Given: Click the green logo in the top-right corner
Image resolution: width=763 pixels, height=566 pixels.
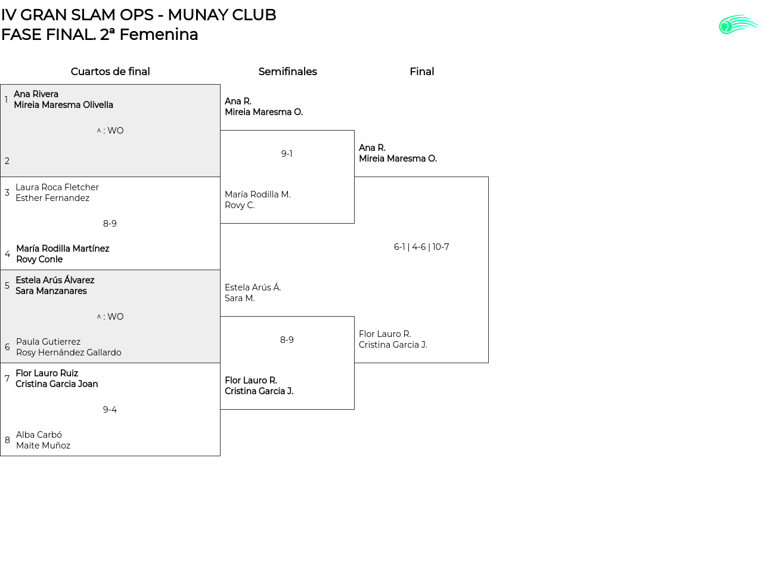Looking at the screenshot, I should click(738, 24).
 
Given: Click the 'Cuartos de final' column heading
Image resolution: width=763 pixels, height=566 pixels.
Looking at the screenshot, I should click(110, 72).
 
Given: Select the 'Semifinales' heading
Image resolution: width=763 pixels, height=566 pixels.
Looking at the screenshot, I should click(287, 72).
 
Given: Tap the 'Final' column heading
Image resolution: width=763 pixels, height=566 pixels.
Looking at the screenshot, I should click(421, 72).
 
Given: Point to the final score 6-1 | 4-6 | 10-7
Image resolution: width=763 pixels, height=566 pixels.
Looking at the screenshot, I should click(421, 247).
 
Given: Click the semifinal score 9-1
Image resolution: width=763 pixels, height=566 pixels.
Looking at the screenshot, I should click(287, 154).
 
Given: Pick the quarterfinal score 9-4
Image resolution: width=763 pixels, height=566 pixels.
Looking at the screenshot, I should click(110, 410).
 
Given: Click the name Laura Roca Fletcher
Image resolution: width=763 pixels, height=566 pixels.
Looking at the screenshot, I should click(57, 187).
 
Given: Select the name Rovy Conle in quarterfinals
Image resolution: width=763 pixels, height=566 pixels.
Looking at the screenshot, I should click(39, 259).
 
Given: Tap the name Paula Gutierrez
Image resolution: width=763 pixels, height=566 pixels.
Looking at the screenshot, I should click(48, 342).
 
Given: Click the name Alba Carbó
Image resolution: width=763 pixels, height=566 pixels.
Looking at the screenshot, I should click(39, 435).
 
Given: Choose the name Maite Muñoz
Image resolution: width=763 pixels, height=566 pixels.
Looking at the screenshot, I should click(43, 446).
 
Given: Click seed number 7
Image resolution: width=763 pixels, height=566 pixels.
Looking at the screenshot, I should click(7, 379).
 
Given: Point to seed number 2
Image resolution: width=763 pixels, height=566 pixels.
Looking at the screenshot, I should click(7, 161).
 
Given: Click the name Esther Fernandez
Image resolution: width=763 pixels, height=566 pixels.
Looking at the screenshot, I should click(52, 198).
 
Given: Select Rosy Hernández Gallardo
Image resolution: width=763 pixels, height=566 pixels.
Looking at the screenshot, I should click(69, 352).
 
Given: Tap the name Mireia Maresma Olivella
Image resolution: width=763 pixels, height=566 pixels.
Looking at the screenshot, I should click(63, 105).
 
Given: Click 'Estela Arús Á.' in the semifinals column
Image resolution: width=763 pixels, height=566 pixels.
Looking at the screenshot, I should click(253, 287).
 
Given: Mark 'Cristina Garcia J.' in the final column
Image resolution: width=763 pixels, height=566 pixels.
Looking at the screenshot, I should click(393, 345).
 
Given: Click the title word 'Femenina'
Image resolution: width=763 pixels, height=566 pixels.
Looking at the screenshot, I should click(159, 35).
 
